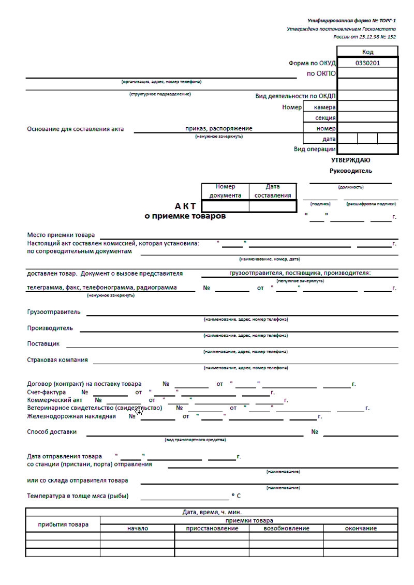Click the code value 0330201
(x=367, y=63)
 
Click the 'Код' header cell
(x=367, y=52)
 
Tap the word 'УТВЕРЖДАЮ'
(x=350, y=160)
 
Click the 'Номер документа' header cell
(x=225, y=191)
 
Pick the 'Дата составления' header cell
(x=272, y=191)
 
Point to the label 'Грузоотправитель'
(x=54, y=312)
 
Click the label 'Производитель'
(x=50, y=328)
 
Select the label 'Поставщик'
(x=43, y=343)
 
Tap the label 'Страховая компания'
(x=57, y=359)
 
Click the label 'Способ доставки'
(x=52, y=431)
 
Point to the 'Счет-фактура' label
(x=46, y=392)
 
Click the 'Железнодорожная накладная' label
(x=71, y=415)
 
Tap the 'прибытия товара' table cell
(x=63, y=524)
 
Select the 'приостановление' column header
(x=212, y=528)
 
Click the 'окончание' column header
(x=361, y=528)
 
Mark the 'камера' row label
(x=324, y=107)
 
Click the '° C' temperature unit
(x=236, y=496)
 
